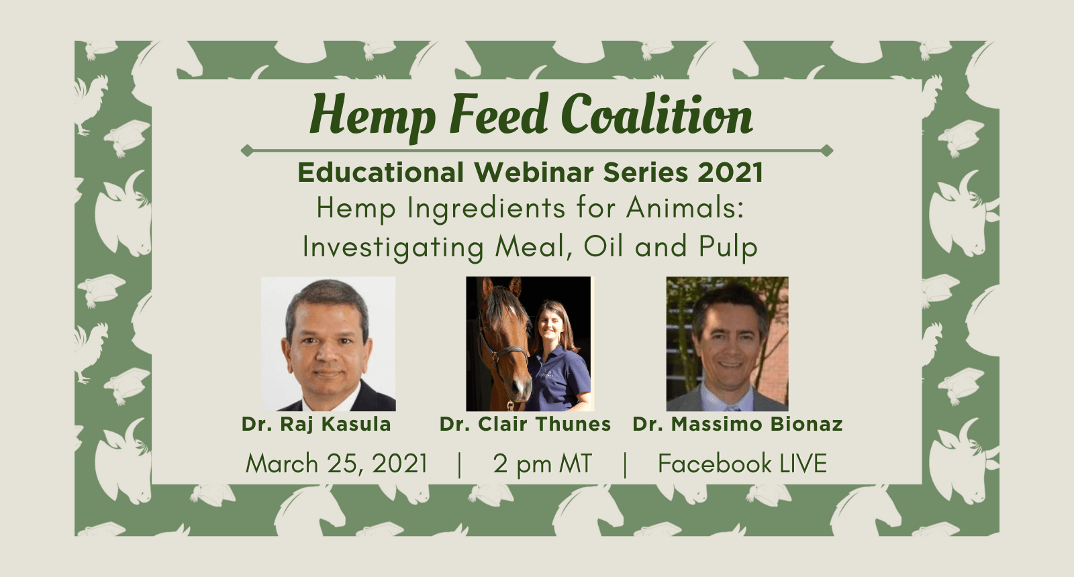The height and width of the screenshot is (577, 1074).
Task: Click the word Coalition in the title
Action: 656,114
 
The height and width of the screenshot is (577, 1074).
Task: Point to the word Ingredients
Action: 486,209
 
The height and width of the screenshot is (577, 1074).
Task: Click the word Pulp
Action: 728,248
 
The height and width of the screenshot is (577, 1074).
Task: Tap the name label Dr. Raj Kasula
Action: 316,424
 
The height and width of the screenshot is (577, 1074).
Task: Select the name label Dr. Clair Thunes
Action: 525,424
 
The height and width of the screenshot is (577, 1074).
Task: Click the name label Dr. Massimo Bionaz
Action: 738,424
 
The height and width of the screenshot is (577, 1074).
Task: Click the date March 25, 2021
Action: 336,464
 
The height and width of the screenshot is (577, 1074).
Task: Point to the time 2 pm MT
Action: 542,464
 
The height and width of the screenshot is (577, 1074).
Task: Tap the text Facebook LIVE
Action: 742,464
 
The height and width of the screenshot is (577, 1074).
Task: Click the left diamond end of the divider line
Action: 246,150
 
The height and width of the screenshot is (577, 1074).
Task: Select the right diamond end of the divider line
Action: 827,150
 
